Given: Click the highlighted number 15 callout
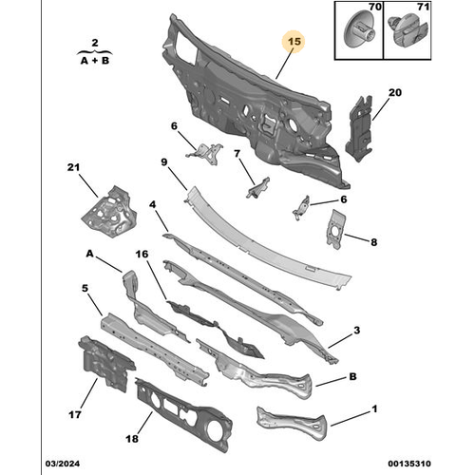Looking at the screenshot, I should pyautogui.click(x=294, y=42).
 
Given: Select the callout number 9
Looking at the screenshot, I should pyautogui.click(x=163, y=162).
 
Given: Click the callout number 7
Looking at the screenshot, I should pyautogui.click(x=237, y=154).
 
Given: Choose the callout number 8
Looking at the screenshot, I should pyautogui.click(x=373, y=243).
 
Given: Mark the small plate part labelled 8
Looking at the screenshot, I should pyautogui.click(x=337, y=229).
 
